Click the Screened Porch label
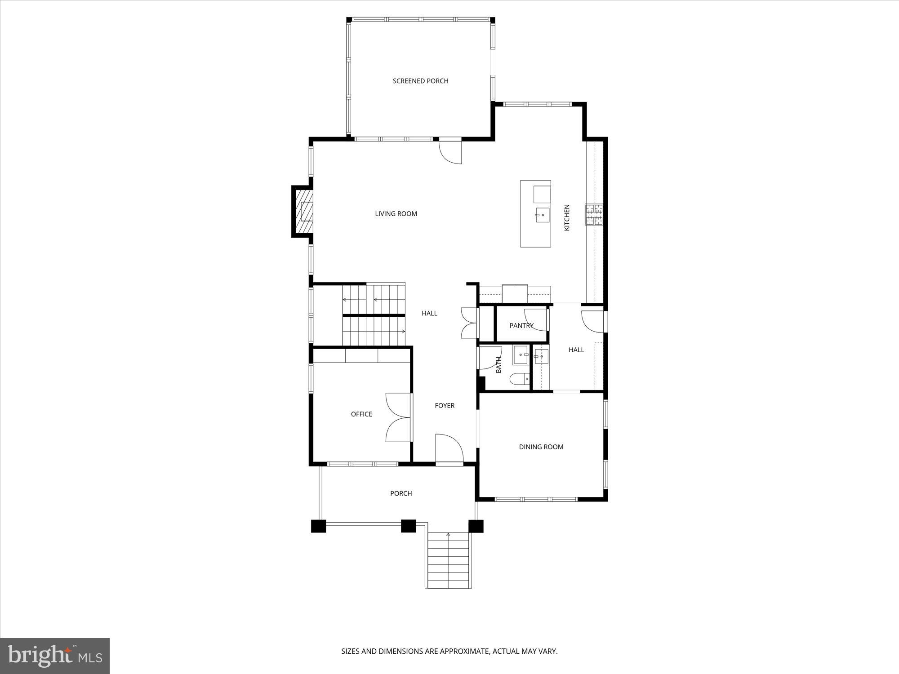coord(420,81)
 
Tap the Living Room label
coord(396,214)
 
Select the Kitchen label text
coord(567,218)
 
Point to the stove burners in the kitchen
coord(594,215)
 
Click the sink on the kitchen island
coord(542,215)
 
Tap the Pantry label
coord(521,325)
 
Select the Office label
coord(361,414)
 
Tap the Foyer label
coord(445,406)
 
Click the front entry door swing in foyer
coord(449,448)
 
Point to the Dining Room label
coord(541,447)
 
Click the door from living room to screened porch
coord(450,152)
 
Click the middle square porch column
coord(408,526)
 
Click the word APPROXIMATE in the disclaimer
coord(464,651)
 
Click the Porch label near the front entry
coord(401,493)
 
